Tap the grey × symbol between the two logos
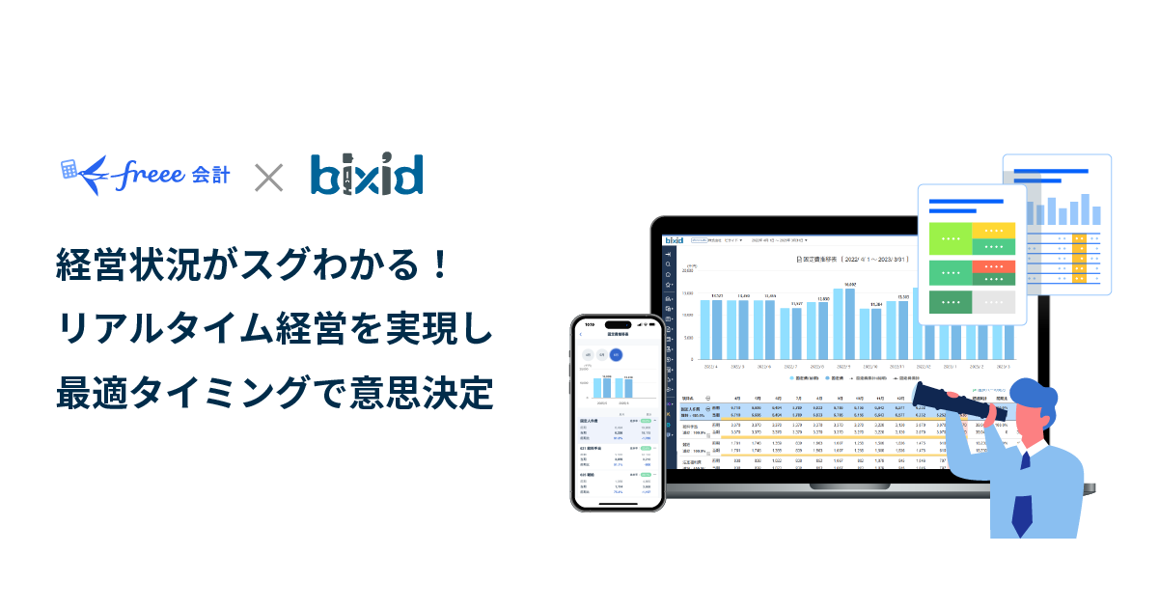pos(268,177)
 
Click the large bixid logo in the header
pos(367,175)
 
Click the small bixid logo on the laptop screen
pos(675,238)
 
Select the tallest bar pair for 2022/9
pos(843,322)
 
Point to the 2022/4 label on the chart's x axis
pos(711,367)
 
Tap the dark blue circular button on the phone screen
pos(617,355)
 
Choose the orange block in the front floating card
pos(993,267)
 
